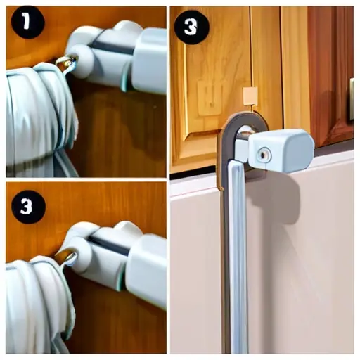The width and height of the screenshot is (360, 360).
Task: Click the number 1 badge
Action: pyautogui.click(x=27, y=22)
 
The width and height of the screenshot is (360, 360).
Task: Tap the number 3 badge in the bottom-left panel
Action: pyautogui.click(x=28, y=207)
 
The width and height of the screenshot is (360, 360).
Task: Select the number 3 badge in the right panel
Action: pyautogui.click(x=191, y=27)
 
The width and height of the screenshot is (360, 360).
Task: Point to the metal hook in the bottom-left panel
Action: pyautogui.click(x=66, y=257)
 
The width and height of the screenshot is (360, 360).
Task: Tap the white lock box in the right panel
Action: pyautogui.click(x=281, y=150)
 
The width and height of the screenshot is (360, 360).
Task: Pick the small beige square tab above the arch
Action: pyautogui.click(x=250, y=96)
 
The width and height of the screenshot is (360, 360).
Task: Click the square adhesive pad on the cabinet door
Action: pyautogui.click(x=210, y=98)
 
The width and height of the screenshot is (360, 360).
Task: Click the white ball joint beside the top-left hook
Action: pyautogui.click(x=81, y=60)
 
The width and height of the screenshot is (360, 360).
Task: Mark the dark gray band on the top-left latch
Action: pyautogui.click(x=113, y=48)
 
